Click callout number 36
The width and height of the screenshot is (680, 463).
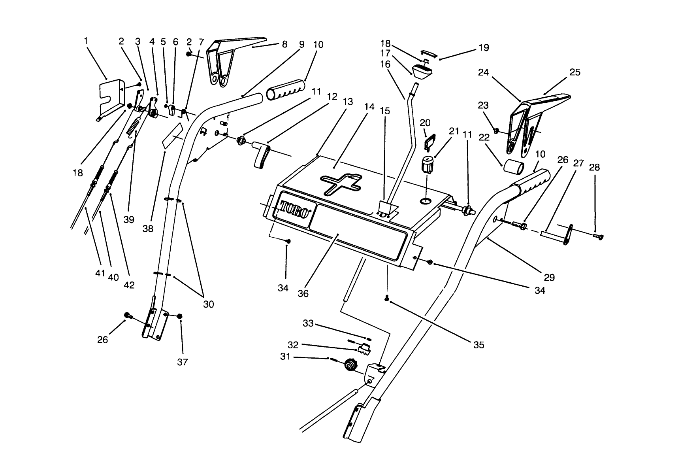(303, 294)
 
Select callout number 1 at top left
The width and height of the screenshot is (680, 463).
(86, 40)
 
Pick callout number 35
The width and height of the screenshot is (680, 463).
(478, 345)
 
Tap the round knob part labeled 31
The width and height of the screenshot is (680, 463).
(349, 365)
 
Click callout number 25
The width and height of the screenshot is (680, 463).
(575, 72)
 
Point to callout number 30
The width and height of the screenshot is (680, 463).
(208, 304)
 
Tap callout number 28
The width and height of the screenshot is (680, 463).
(594, 167)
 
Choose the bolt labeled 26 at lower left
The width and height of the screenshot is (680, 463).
(127, 315)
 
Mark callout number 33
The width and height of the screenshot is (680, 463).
(308, 323)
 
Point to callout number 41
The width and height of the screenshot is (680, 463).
(100, 273)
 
